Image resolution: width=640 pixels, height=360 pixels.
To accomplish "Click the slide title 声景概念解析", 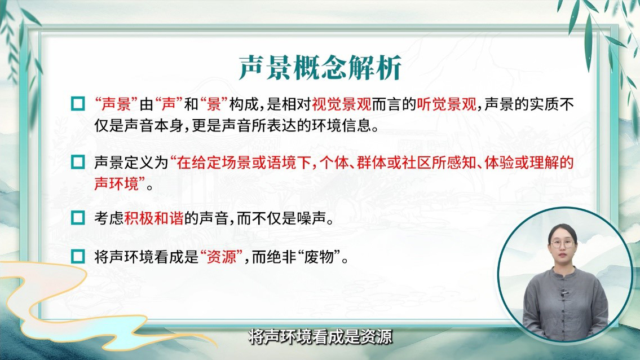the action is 320,67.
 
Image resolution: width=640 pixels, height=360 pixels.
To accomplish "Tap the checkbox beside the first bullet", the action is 78,104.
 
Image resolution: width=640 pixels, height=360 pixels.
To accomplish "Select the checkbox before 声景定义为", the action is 78,162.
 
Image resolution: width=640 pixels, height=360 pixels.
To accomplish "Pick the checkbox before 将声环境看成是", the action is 78,257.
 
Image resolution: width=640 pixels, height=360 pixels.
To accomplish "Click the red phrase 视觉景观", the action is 342,104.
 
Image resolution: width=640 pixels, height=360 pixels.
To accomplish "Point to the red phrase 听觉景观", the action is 447,104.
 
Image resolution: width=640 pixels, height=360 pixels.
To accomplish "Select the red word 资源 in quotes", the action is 222,257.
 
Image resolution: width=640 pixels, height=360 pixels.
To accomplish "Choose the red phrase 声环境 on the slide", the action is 116,183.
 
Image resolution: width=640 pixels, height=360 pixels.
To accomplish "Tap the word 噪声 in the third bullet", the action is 312,218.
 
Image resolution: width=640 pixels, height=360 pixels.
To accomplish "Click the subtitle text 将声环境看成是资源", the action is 320,337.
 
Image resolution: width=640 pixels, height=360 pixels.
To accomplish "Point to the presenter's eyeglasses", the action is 562,244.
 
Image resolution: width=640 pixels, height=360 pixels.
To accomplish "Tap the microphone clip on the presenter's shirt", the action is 565,293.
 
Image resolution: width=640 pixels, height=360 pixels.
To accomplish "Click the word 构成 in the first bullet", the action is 244,104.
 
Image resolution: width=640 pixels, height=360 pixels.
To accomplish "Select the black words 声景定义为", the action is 131,163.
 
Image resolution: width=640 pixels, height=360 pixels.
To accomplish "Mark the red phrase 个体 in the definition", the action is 334,163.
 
